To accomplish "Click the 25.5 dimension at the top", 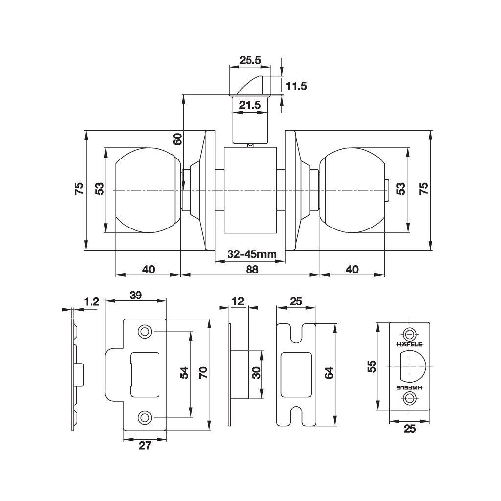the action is (x=250, y=60).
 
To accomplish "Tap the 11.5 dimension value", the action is (x=296, y=86).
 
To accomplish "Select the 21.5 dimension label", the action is (x=250, y=105).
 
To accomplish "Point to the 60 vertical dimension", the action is (x=178, y=139).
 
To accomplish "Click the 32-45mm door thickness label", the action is (x=252, y=254).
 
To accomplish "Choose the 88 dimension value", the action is (x=252, y=270).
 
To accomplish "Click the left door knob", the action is (x=147, y=190).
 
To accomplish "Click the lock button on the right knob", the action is (x=387, y=190).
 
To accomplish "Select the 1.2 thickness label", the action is (x=91, y=301).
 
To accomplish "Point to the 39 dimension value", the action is (x=136, y=295).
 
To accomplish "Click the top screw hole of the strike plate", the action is (x=144, y=332).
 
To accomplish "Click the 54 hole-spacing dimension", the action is (x=184, y=373).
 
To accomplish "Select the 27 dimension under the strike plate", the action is (x=145, y=445).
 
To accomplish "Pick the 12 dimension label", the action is (x=238, y=301).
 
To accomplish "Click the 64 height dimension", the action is (x=329, y=373).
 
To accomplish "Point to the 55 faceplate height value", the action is (x=372, y=366).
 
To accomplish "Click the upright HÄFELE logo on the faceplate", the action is (x=410, y=344).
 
